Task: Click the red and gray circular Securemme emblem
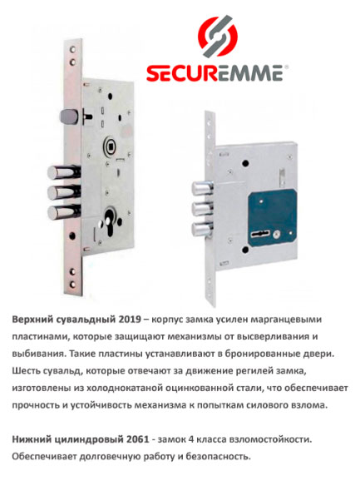pos(218,36)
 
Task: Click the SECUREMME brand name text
pos(215,73)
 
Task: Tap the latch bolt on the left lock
pos(69,117)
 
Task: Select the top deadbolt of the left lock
pos(64,173)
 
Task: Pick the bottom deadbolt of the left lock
pos(64,212)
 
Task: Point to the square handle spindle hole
pos(111,145)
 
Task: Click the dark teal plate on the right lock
pos(272,218)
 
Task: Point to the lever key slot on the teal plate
pos(259,235)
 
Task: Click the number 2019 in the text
pos(130,320)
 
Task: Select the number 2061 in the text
pos(137,439)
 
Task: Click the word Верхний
pos(33,320)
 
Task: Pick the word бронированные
pos(261,354)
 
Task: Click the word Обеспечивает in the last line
pos(44,457)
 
